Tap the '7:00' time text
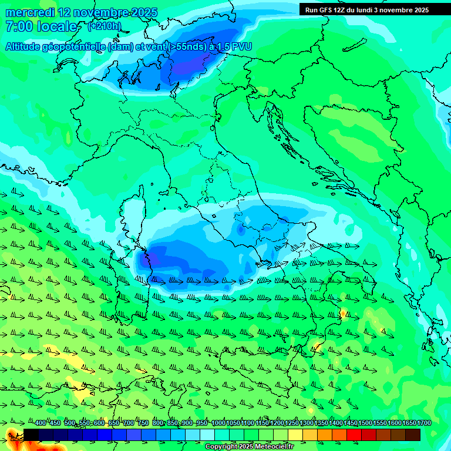19,26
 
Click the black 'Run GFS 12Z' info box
367,9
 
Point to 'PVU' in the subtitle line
240,46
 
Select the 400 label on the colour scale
40,423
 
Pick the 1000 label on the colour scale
218,423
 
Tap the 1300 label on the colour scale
307,423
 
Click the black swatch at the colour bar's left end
31,435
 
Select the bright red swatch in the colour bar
354,435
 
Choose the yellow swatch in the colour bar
295,435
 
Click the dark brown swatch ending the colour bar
413,435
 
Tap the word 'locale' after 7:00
57,26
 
